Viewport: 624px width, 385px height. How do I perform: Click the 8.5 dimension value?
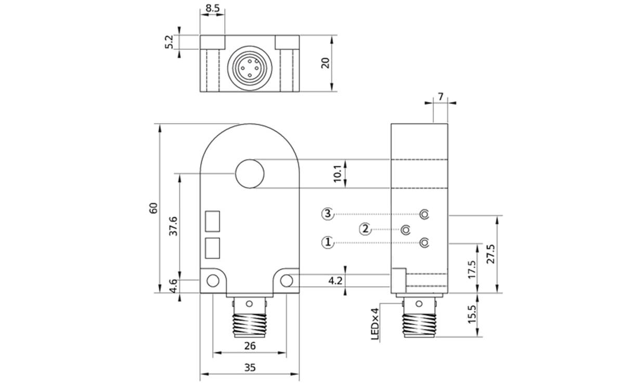pyautogui.click(x=212, y=8)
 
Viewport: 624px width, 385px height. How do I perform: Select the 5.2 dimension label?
pyautogui.click(x=168, y=42)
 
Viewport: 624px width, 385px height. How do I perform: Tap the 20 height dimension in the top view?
pyautogui.click(x=326, y=63)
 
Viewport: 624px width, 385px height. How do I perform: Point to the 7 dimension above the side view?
pyautogui.click(x=440, y=97)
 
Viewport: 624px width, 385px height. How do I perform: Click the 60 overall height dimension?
pyautogui.click(x=153, y=208)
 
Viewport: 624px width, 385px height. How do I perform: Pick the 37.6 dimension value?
pyautogui.click(x=174, y=226)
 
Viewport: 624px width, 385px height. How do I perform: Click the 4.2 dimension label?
pyautogui.click(x=335, y=281)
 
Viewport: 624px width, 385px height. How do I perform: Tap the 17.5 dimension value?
pyautogui.click(x=472, y=270)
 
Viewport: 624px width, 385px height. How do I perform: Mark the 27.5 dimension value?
pyautogui.click(x=490, y=255)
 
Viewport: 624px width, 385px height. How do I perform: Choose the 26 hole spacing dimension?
pyautogui.click(x=250, y=346)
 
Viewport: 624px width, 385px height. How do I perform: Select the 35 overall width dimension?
pyautogui.click(x=250, y=367)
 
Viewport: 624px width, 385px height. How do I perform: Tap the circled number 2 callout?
pyautogui.click(x=366, y=229)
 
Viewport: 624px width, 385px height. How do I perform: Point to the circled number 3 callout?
pyautogui.click(x=327, y=214)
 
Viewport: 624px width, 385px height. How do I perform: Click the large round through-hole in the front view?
pyautogui.click(x=250, y=174)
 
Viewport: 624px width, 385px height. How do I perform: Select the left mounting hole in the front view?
pyautogui.click(x=213, y=281)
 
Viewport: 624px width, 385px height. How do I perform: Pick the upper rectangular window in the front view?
pyautogui.click(x=213, y=221)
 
